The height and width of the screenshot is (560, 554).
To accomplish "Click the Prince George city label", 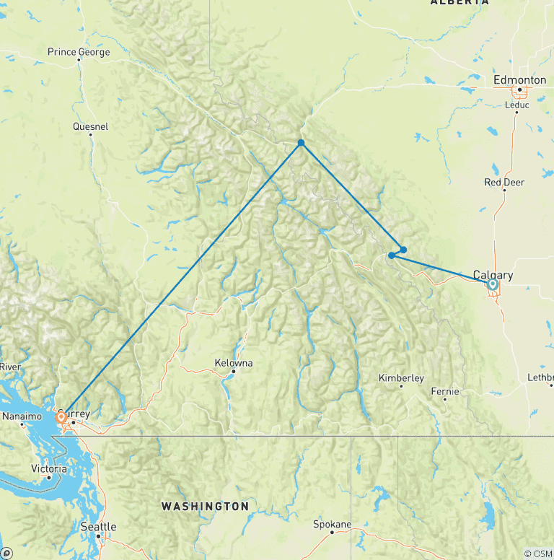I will [x=79, y=52].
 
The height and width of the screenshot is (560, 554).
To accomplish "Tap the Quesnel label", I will [x=91, y=126].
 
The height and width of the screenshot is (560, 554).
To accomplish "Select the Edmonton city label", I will [x=519, y=80].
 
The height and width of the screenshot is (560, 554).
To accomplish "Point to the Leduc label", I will [x=517, y=105].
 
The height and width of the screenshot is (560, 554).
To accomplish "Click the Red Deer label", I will [x=504, y=183].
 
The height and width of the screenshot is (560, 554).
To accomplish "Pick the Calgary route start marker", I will [x=493, y=284].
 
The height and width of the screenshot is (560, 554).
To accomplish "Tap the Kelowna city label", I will [x=234, y=363].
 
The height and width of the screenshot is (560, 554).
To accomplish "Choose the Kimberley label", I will [x=402, y=378].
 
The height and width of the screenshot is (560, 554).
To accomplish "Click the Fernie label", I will [x=445, y=391].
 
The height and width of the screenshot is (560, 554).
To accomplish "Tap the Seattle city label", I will [x=98, y=527].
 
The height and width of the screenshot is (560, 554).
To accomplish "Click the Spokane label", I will [x=333, y=524].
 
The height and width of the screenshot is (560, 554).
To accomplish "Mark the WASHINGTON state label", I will [x=205, y=506].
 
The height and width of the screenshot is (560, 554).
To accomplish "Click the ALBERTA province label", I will [x=459, y=3].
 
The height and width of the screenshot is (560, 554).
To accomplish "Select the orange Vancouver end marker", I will [x=62, y=416].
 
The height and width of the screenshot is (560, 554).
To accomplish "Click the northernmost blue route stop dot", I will [x=301, y=143].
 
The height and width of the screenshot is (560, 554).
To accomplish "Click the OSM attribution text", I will [x=537, y=554].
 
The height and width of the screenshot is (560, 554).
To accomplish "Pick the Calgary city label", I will [x=493, y=275].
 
